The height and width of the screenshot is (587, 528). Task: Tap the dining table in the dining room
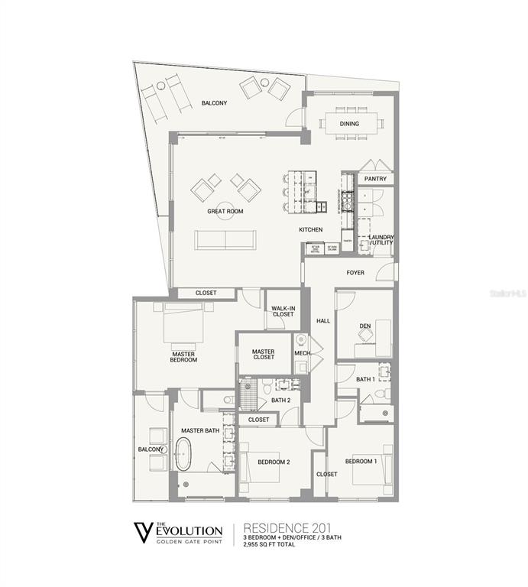[x=351, y=122]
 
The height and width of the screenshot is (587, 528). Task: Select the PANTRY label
[x=375, y=179]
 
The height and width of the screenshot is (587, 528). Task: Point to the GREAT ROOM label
[x=225, y=211]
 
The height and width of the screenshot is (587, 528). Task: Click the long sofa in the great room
[x=227, y=239]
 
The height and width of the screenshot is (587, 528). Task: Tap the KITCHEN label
[x=310, y=229]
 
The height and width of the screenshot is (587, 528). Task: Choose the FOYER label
[x=355, y=272]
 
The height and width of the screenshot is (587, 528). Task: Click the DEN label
[x=364, y=326]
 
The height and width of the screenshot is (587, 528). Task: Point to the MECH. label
[x=302, y=352]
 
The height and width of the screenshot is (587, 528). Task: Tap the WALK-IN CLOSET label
[x=283, y=310]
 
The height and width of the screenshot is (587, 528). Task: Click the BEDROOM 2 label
[x=273, y=462]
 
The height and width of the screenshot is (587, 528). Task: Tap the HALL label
[x=323, y=320]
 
